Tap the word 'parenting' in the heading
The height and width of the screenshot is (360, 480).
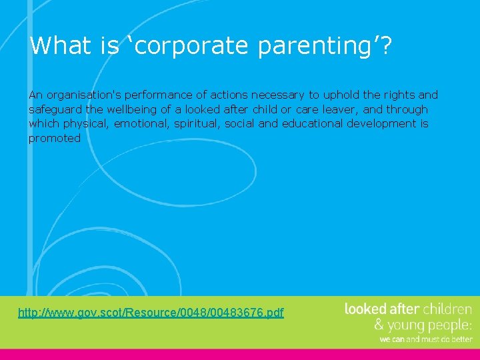click(313, 46)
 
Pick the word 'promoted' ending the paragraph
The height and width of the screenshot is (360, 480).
click(54, 138)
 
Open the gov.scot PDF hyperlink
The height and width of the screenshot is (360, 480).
click(151, 312)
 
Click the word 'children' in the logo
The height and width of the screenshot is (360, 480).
click(447, 309)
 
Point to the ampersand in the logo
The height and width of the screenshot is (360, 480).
click(379, 325)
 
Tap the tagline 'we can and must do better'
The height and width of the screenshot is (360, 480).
click(425, 339)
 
